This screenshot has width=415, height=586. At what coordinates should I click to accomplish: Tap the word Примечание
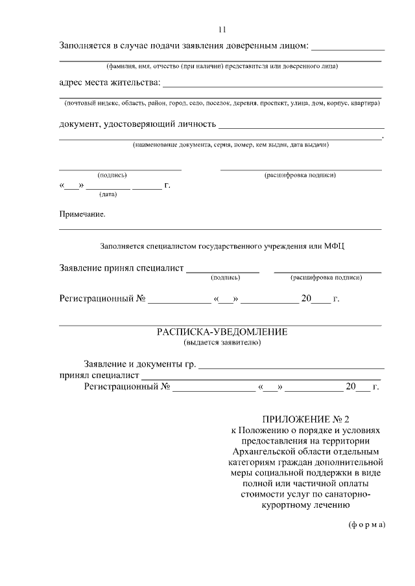click(82, 214)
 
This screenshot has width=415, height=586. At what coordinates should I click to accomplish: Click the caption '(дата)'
click(108, 194)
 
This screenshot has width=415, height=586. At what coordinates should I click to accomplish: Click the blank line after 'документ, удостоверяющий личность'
click(302, 128)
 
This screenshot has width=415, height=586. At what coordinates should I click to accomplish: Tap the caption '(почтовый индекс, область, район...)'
click(221, 103)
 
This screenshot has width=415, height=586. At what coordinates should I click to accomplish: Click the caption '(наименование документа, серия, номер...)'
click(230, 145)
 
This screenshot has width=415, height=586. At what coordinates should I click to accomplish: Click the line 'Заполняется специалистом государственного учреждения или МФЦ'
click(222, 246)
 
